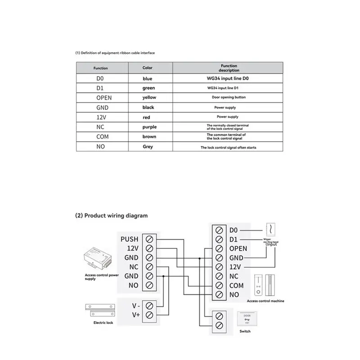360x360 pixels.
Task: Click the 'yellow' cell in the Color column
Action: click(148, 97)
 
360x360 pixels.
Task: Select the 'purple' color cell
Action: click(148, 127)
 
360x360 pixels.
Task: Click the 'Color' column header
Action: click(148, 68)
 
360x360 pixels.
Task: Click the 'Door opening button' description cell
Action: click(229, 97)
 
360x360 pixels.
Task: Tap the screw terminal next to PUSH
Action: click(149, 239)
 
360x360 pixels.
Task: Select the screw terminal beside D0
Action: click(219, 230)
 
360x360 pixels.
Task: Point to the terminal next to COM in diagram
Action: click(219, 285)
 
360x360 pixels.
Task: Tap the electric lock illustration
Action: click(99, 310)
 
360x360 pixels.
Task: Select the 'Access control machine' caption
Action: click(265, 301)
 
